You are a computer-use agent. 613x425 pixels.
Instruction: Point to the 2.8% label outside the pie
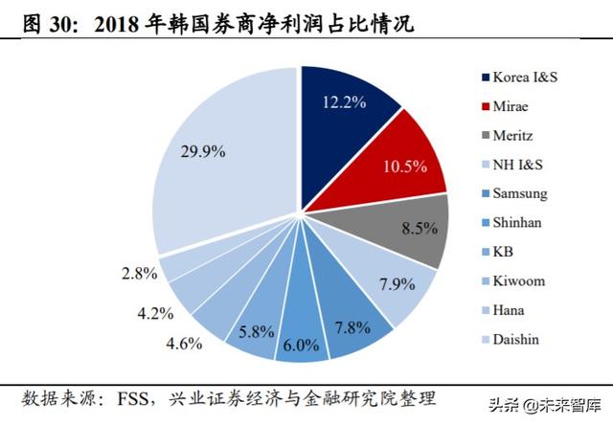[x=139, y=274]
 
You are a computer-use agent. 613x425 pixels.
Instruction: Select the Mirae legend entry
[x=512, y=105]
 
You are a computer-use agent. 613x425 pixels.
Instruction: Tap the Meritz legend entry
[x=514, y=135]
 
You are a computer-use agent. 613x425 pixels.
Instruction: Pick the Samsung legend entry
[x=520, y=193]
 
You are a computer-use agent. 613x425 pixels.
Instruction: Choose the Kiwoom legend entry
[x=519, y=281]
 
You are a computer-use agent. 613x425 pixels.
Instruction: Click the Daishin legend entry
[x=518, y=340]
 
